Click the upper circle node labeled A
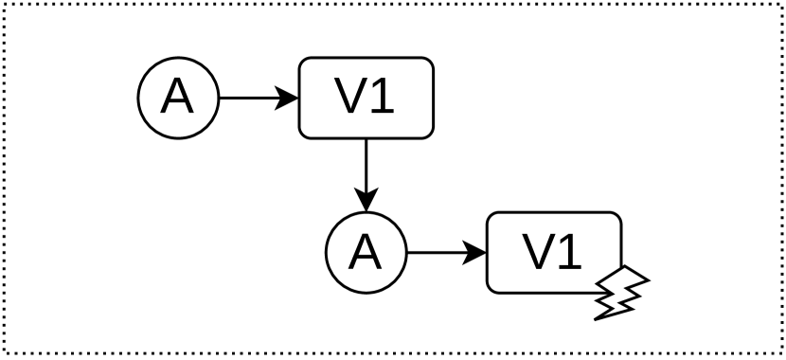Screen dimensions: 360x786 [x=178, y=98]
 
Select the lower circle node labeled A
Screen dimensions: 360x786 [x=366, y=254]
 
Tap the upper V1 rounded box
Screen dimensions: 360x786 [x=366, y=98]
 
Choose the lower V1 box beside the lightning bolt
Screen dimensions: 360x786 [x=554, y=254]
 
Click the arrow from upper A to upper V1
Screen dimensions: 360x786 [x=251, y=98]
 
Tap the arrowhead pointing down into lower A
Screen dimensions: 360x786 [x=366, y=203]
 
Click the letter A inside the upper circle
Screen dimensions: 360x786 [x=178, y=98]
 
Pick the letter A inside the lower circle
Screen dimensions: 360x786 [x=366, y=254]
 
